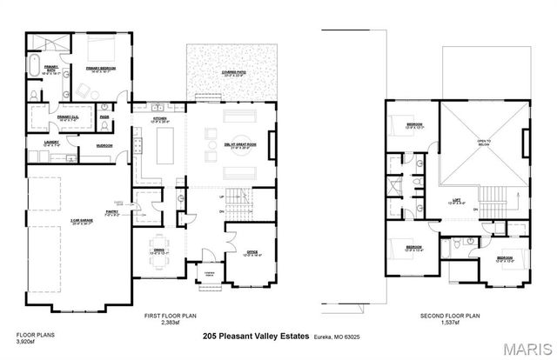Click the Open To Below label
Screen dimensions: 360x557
[x=483, y=143]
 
